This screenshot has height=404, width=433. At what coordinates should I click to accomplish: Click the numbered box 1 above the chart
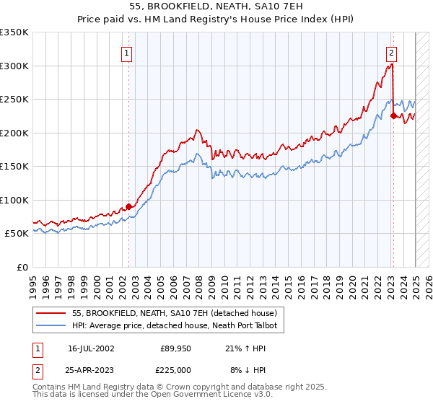click(126, 52)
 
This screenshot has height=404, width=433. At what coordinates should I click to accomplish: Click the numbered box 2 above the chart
click(390, 52)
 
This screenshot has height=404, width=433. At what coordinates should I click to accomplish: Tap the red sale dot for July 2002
click(129, 206)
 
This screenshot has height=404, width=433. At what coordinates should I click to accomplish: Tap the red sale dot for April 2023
click(393, 115)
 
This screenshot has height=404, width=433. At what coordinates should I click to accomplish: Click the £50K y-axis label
click(17, 233)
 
